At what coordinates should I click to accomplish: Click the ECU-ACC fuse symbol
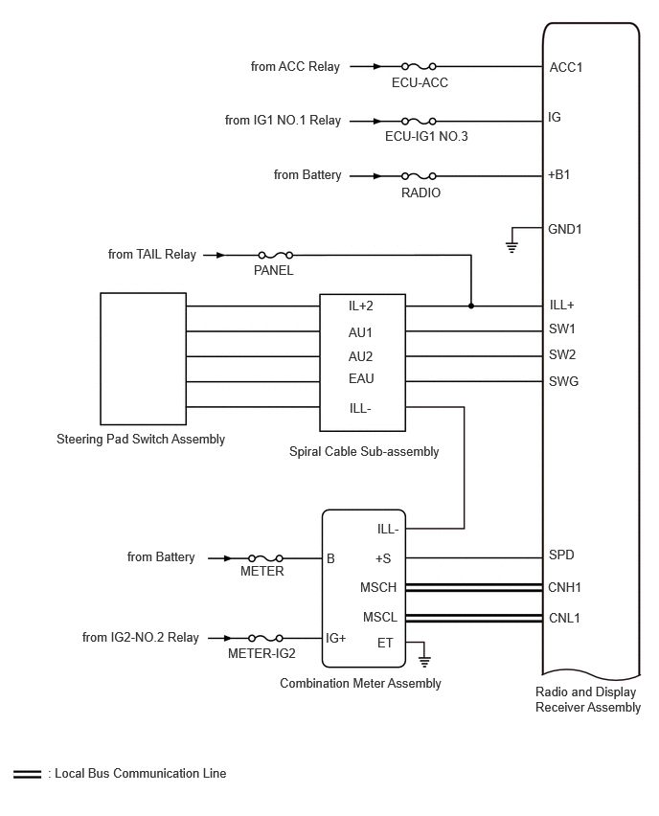point(419,66)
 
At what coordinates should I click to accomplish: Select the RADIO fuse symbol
point(419,176)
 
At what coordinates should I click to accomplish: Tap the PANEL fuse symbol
point(275,255)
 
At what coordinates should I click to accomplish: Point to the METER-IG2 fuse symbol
point(265,638)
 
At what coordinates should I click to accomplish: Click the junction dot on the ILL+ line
point(471,306)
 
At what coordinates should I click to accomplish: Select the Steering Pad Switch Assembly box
point(143,358)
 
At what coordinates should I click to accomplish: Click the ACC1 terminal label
point(566,67)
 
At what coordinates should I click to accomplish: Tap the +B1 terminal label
point(559,175)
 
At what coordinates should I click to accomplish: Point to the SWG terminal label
point(563,381)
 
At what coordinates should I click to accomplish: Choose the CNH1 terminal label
point(564,587)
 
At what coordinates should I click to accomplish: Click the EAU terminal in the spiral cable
point(361,378)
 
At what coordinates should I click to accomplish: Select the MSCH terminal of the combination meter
point(378,587)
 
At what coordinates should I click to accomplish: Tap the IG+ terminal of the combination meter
point(336,638)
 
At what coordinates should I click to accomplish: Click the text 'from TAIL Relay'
point(152,255)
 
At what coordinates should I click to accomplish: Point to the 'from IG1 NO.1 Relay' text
point(283,121)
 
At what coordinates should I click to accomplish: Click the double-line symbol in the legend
point(27,775)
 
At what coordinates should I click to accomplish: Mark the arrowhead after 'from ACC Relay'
point(377,66)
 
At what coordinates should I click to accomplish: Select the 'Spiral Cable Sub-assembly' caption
point(364,452)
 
